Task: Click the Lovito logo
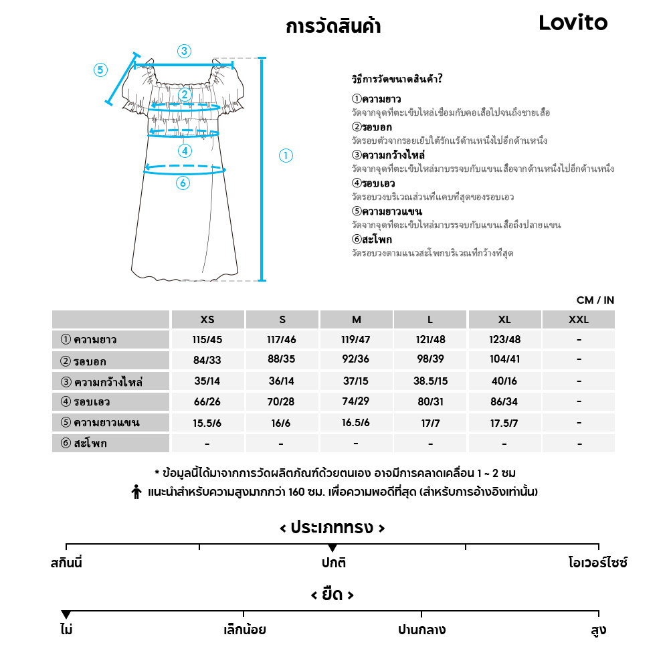tap(573, 23)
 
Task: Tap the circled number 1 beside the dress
tap(286, 156)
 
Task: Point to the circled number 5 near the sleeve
tap(100, 70)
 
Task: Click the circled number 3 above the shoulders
tap(184, 51)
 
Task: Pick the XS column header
tap(207, 320)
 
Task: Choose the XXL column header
tap(578, 320)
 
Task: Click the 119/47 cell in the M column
tap(356, 340)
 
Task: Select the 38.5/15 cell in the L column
tap(430, 382)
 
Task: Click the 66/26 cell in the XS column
tap(207, 403)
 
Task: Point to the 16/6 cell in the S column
tap(282, 423)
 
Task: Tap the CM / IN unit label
tap(595, 300)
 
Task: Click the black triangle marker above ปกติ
tap(332, 549)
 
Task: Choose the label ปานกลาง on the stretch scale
tap(421, 630)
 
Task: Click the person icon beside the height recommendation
tap(136, 492)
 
